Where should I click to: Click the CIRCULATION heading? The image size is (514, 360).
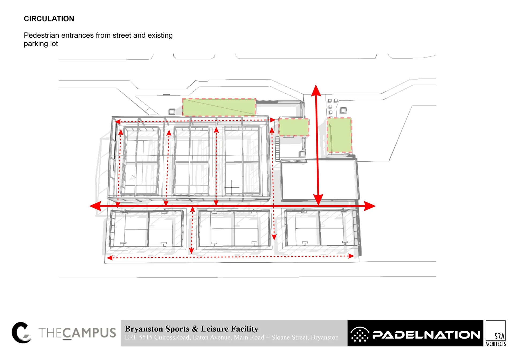[x=49, y=19]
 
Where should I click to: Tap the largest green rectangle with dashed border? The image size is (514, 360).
[x=219, y=107]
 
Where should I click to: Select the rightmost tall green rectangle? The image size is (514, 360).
[x=339, y=135]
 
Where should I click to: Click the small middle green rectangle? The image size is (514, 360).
[x=294, y=127]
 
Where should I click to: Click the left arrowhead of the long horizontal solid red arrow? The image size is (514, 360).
[x=95, y=206]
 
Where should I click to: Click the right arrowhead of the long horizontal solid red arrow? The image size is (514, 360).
[x=370, y=206]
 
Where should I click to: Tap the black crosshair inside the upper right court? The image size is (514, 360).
[x=232, y=187]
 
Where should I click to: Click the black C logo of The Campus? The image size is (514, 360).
[x=21, y=332]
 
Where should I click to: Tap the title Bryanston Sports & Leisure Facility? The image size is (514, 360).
[x=191, y=328]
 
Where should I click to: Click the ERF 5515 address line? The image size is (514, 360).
[x=232, y=338]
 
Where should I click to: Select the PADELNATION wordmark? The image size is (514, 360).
[x=426, y=335]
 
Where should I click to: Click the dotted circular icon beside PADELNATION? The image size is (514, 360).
[x=360, y=335]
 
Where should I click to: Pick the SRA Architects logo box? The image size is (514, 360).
[x=496, y=334]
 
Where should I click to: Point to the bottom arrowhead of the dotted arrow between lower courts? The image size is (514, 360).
[x=191, y=251]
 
